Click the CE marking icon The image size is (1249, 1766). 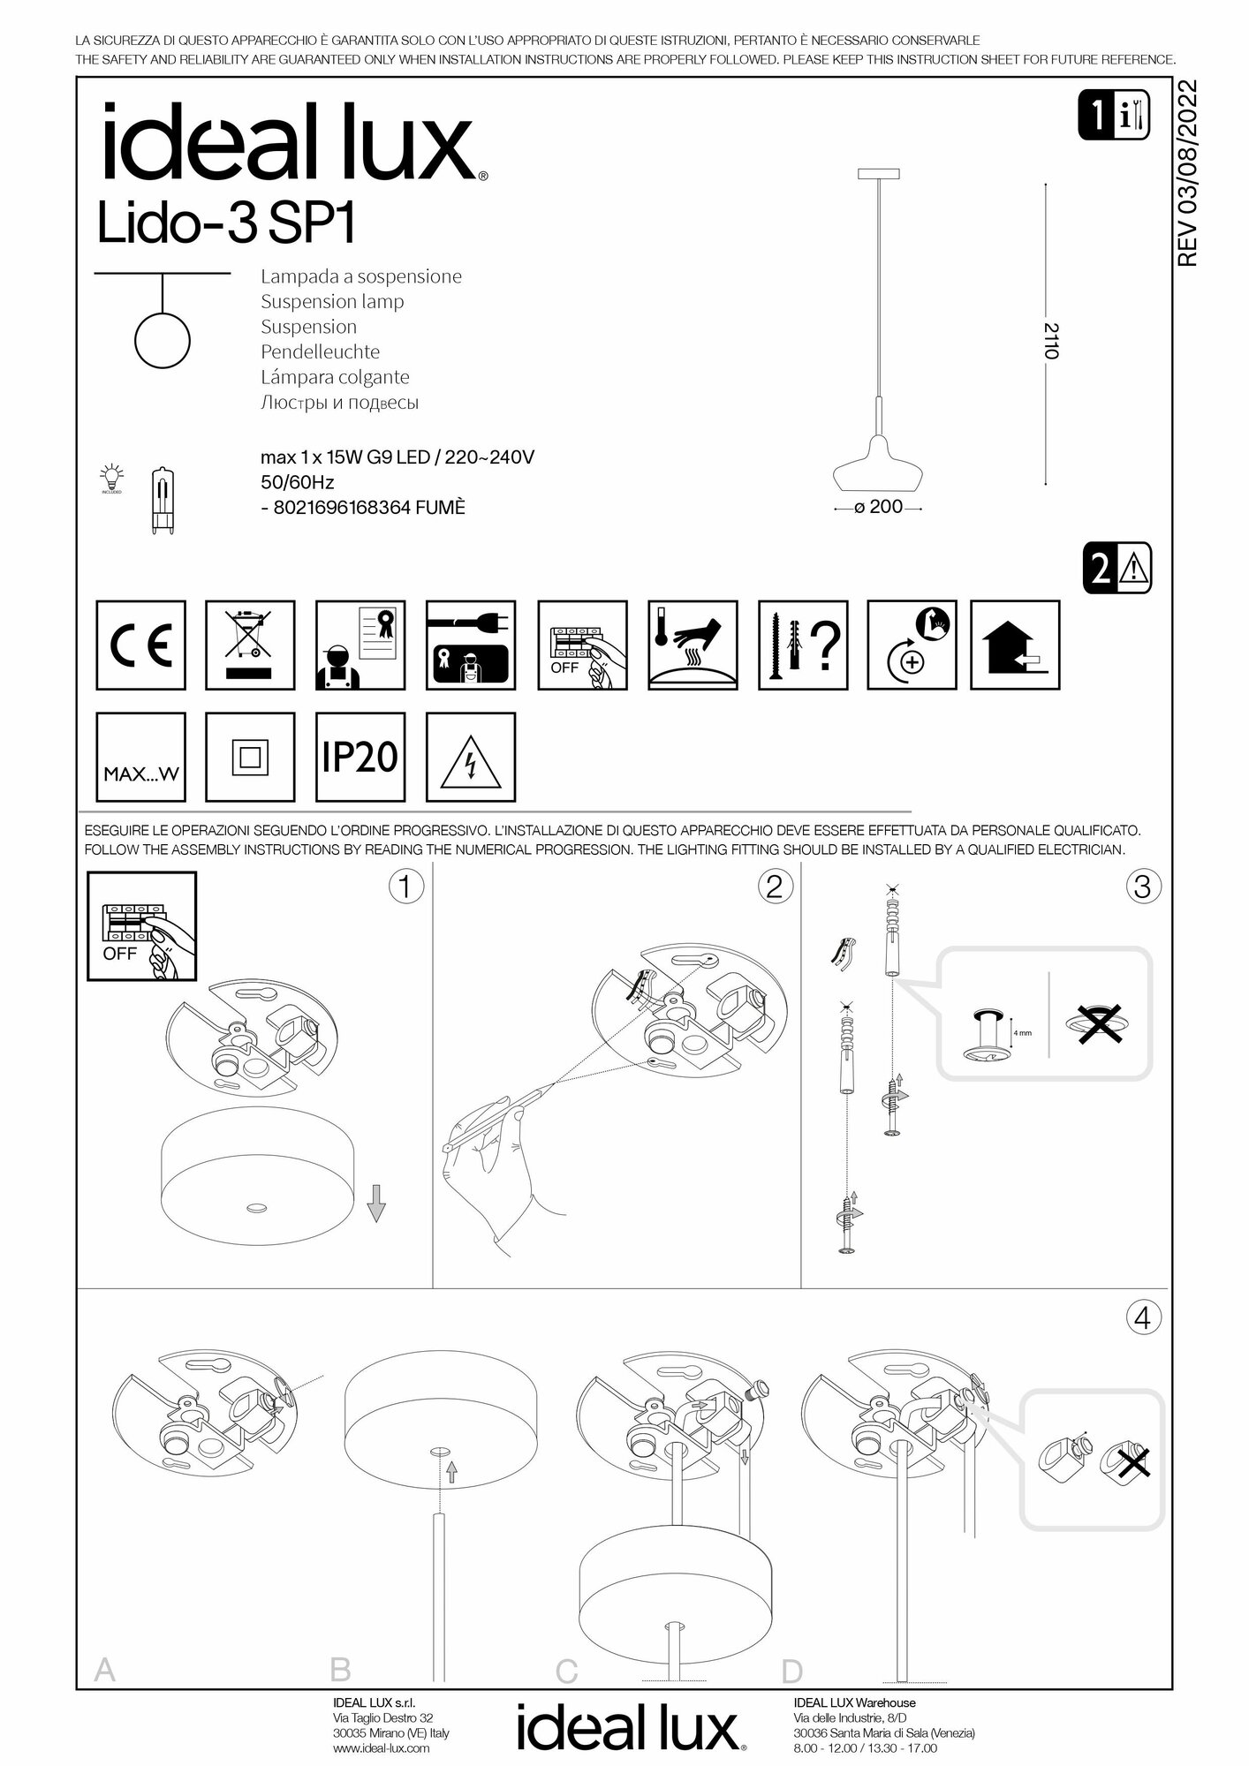[x=140, y=645]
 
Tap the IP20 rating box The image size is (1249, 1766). [x=360, y=757]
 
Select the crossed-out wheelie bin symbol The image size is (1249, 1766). [x=250, y=645]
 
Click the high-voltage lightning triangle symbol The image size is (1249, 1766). [x=471, y=758]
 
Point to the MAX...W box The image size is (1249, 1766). [x=140, y=758]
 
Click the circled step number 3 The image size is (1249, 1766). [x=1141, y=886]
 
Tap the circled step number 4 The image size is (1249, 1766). [x=1141, y=1318]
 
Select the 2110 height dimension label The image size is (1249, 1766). [x=1049, y=341]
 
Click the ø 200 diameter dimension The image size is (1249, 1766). [x=878, y=508]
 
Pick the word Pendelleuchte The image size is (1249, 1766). [x=320, y=351]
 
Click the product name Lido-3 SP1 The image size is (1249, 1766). [x=225, y=225]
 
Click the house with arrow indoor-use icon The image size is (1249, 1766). [x=1015, y=645]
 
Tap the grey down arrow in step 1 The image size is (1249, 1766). [x=376, y=1203]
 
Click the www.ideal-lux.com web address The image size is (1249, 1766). [x=382, y=1747]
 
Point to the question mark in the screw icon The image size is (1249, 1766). [x=827, y=645]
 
